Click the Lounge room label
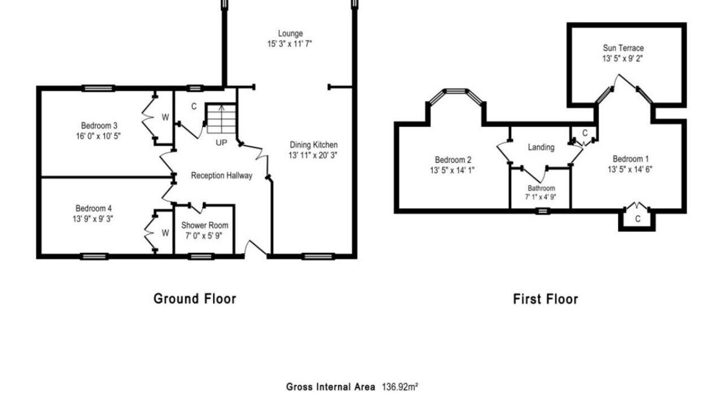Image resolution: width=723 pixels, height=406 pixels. [290, 33]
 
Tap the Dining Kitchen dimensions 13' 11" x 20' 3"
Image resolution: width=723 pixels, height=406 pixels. [313, 155]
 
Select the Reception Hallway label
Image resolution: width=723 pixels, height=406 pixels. [221, 175]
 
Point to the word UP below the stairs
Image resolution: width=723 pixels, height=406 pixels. [221, 143]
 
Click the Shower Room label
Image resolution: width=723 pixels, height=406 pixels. [204, 225]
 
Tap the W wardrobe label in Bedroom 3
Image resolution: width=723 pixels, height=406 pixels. [165, 118]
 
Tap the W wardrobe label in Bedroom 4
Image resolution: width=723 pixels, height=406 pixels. [165, 233]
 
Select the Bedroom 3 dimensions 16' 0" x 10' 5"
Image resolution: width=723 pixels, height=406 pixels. [98, 136]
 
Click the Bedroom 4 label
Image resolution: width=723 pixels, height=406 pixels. [94, 209]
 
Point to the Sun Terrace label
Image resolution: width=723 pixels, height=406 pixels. [623, 48]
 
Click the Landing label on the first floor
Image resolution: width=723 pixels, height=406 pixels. [541, 147]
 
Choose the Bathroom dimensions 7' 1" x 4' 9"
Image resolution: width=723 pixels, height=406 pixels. [541, 197]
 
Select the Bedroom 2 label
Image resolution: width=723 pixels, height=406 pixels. [453, 160]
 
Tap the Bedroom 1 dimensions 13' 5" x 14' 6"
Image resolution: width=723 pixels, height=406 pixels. [630, 170]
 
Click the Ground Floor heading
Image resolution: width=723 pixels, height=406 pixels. [195, 299]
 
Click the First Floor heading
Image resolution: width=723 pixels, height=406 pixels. [546, 299]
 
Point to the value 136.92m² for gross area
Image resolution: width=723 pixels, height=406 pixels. [400, 387]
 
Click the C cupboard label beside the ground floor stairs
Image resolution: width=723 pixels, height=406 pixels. [194, 107]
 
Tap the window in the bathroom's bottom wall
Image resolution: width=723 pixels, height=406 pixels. [543, 211]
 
